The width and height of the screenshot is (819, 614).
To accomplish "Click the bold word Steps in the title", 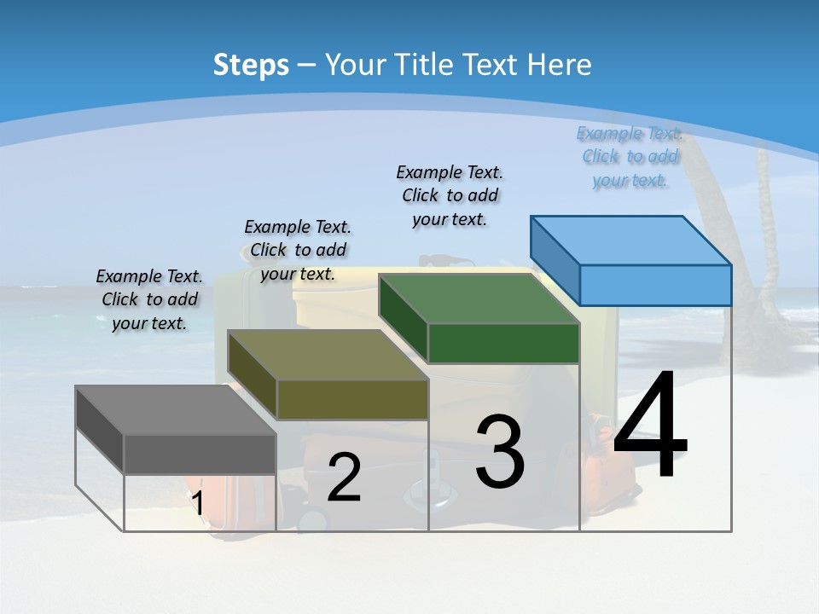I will pyautogui.click(x=251, y=65).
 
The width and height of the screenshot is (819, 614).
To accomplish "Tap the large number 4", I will pyautogui.click(x=650, y=426).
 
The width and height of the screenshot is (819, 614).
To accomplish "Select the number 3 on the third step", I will pyautogui.click(x=500, y=452).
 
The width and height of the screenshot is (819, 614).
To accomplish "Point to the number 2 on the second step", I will pyautogui.click(x=344, y=478).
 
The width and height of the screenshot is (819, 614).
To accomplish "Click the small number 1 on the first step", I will pyautogui.click(x=198, y=504).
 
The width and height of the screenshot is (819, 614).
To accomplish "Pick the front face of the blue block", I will pyautogui.click(x=655, y=285).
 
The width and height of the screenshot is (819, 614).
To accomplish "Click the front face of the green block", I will pyautogui.click(x=503, y=343).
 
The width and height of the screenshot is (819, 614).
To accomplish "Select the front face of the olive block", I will pyautogui.click(x=352, y=399).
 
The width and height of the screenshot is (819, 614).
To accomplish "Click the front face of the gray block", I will pyautogui.click(x=200, y=454).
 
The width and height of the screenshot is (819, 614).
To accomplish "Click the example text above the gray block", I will pyautogui.click(x=149, y=299).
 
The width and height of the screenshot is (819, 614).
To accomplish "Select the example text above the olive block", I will pyautogui.click(x=298, y=250).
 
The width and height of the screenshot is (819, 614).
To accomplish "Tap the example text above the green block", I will pyautogui.click(x=450, y=195).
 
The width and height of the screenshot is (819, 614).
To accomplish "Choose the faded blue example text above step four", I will pyautogui.click(x=630, y=156).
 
